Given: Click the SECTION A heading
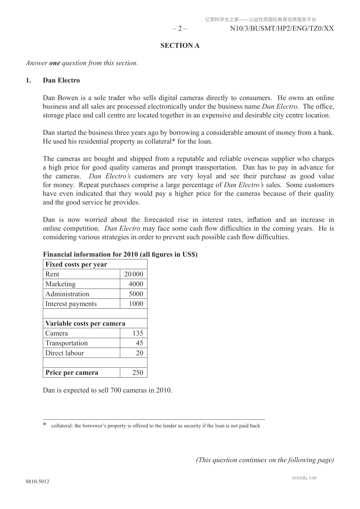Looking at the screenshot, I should point(180,46).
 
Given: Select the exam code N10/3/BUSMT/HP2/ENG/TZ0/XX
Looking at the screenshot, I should point(282,29).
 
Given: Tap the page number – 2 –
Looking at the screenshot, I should point(180,29).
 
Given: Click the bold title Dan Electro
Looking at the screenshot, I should point(61,80).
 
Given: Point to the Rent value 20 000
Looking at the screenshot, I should point(134,274).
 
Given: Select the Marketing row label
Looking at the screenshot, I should point(60,284).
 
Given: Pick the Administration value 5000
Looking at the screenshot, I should point(136,294).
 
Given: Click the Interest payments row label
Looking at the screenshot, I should point(71,304).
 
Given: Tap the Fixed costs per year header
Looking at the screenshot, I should point(76,264).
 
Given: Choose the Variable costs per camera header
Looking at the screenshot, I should point(85,323).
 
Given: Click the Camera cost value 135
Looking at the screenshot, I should point(138,333).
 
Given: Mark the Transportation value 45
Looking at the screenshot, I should point(140,343).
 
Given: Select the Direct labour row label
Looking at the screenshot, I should point(65,353).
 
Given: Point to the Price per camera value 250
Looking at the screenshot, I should point(138,373).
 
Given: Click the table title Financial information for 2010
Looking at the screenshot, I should point(120,254).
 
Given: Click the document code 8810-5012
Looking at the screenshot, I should point(37,481).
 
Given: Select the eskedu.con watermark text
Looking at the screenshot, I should point(304,478).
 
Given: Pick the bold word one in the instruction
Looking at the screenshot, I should point(55,63).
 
